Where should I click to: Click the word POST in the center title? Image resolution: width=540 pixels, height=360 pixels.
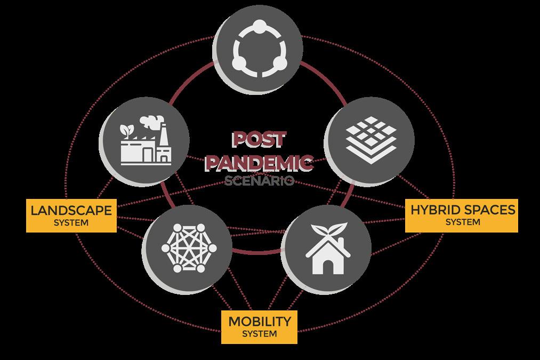click(x=258, y=140)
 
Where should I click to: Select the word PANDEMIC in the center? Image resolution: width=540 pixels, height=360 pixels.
click(x=259, y=161)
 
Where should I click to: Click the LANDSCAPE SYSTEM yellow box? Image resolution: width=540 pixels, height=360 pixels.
click(x=71, y=215)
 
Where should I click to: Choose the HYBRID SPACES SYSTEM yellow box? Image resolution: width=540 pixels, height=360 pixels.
click(x=462, y=215)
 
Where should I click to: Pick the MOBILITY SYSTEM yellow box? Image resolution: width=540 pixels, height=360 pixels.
click(x=260, y=327)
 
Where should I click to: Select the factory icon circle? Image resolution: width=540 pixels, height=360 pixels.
click(x=145, y=139)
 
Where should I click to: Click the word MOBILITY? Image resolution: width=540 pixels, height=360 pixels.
click(x=260, y=322)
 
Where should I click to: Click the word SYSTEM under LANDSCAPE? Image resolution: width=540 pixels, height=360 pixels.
click(x=71, y=222)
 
